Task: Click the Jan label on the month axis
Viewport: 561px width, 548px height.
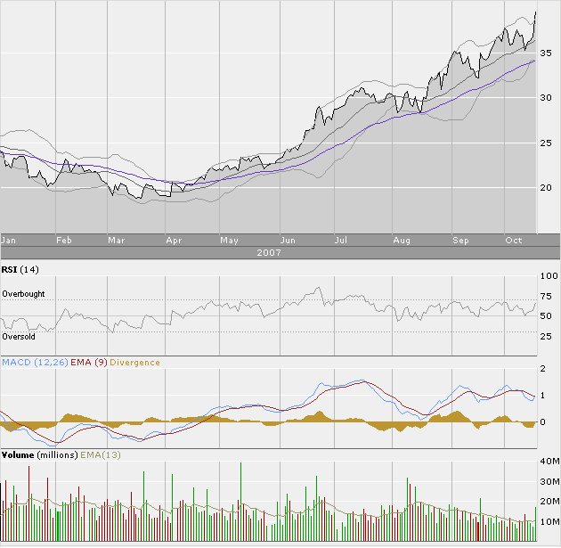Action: click(9, 240)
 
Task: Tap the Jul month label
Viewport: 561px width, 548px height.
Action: click(341, 240)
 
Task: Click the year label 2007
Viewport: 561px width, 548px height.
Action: click(267, 253)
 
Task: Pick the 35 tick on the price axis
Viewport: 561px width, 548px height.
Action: click(548, 54)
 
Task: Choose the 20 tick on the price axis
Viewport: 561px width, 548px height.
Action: click(548, 187)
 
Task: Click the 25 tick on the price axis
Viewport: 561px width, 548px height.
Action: click(548, 143)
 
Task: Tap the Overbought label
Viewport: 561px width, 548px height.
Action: click(23, 294)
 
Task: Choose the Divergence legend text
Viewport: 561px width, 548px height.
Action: click(135, 363)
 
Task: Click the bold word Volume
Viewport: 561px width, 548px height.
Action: click(18, 454)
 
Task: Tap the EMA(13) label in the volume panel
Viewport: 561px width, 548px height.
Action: click(100, 454)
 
